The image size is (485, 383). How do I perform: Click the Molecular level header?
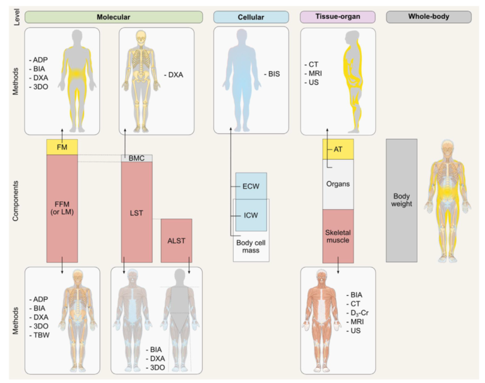coord(114,16)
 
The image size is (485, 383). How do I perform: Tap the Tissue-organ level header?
coord(337,16)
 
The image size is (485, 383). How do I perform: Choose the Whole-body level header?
coord(428,16)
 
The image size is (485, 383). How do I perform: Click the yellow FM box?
coord(62,147)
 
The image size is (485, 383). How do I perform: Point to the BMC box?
coord(136,158)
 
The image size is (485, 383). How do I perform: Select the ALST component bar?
coord(176,240)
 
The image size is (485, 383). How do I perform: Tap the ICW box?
coord(251,216)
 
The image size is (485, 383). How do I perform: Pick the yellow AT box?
coord(338,149)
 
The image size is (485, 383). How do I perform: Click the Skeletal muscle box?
coord(338,236)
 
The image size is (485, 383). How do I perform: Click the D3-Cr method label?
coord(359,313)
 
